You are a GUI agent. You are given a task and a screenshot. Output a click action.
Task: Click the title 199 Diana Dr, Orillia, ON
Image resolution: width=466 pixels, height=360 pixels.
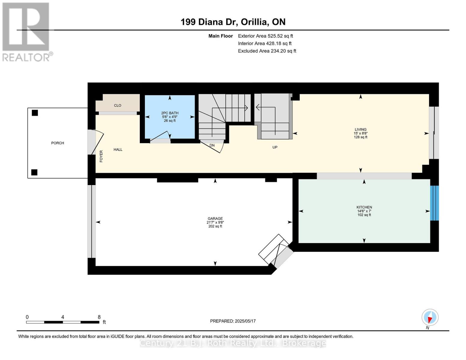(233, 22)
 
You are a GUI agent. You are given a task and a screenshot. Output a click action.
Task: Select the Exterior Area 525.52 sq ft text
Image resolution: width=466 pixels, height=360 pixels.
(265, 36)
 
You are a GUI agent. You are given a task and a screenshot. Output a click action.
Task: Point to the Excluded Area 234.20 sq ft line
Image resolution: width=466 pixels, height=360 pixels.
(267, 51)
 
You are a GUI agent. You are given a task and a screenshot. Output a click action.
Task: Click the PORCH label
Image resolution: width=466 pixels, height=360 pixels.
(58, 143)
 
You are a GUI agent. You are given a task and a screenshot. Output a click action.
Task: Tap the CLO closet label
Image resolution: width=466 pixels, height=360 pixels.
(118, 106)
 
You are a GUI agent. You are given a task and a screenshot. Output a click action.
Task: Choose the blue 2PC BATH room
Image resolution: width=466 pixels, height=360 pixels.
(170, 117)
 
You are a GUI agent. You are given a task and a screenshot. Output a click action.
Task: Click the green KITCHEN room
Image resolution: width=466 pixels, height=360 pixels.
(364, 211)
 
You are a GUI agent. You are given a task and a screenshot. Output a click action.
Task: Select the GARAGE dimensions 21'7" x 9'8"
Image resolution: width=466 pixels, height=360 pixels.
(215, 222)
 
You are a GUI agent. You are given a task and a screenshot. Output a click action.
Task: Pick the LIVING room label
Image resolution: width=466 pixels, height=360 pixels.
(360, 130)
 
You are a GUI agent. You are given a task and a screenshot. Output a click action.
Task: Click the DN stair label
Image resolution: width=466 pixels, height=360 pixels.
(212, 145)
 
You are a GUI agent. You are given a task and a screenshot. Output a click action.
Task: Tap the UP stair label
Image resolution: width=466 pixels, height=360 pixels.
(275, 147)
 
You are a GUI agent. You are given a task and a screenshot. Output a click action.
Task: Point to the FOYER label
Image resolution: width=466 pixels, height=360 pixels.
(101, 156)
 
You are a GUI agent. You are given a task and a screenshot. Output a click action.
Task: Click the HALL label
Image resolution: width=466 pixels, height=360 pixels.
(118, 150)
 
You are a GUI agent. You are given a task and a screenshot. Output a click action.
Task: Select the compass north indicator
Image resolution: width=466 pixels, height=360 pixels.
(430, 317)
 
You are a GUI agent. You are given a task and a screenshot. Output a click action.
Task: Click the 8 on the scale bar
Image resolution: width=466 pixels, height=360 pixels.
(99, 317)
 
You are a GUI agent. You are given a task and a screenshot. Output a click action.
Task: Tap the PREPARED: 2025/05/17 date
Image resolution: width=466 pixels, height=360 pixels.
(233, 321)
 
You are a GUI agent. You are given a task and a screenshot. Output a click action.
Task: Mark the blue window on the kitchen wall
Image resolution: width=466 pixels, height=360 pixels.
(434, 203)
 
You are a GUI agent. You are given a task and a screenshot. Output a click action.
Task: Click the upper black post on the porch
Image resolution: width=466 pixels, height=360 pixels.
(35, 113)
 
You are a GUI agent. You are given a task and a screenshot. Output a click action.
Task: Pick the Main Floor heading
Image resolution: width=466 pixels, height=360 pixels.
(221, 36)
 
